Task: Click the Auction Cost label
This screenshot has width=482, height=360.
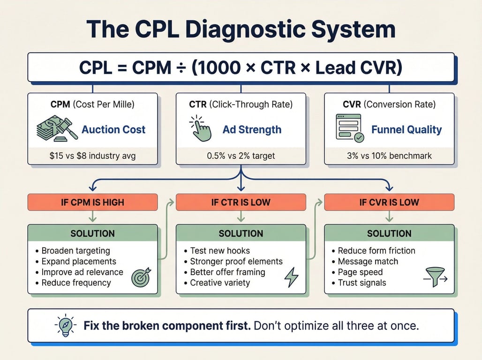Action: (x=113, y=130)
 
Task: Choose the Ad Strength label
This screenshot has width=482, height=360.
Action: (x=252, y=130)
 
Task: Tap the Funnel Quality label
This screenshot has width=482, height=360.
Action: (x=407, y=130)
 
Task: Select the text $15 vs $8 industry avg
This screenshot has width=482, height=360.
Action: (x=92, y=156)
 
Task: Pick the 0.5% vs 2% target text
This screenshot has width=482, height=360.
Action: (x=241, y=156)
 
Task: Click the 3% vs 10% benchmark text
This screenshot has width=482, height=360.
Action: (x=389, y=156)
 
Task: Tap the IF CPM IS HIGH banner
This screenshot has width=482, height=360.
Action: (x=92, y=202)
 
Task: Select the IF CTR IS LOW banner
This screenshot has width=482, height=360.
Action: (x=241, y=202)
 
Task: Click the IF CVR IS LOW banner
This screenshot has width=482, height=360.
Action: (x=389, y=202)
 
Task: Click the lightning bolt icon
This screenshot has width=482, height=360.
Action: (x=291, y=277)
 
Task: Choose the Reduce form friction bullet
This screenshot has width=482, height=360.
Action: (x=377, y=251)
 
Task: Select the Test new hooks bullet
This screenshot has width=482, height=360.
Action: (x=220, y=251)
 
